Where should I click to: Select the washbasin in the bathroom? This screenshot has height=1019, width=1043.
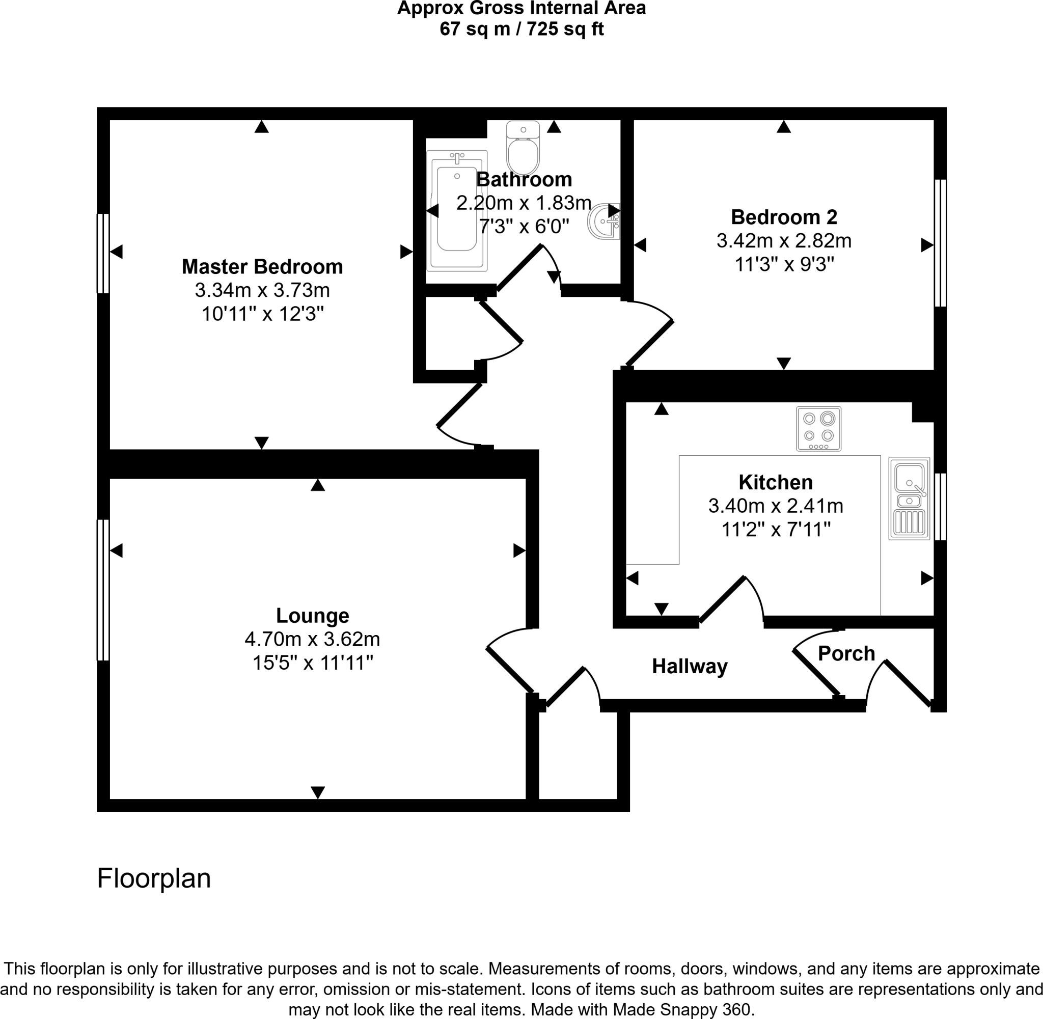tap(605, 222)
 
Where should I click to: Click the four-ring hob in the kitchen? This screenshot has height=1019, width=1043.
tap(818, 429)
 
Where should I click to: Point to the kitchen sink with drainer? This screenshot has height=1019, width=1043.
tap(909, 498)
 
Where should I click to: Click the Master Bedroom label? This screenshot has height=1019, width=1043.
tap(262, 266)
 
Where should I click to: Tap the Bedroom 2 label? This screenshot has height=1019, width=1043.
tap(784, 217)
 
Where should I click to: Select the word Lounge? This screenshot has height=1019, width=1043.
tap(313, 616)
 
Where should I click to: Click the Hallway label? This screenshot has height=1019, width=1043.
tap(690, 667)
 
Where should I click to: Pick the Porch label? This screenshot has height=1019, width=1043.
tap(846, 653)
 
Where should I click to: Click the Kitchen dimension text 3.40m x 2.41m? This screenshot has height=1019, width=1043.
tap(776, 506)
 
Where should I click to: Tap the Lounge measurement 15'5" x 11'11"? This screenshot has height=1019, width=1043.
tap(313, 663)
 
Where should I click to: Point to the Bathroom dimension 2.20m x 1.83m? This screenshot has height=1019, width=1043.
tap(524, 203)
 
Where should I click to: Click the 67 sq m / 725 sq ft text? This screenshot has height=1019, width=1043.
tap(522, 29)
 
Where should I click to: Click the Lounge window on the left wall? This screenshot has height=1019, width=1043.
tap(103, 590)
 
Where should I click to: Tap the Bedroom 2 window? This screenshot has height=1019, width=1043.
tap(940, 243)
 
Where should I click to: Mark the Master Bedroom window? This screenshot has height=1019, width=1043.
tap(103, 254)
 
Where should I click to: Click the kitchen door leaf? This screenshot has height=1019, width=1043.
tap(722, 600)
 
